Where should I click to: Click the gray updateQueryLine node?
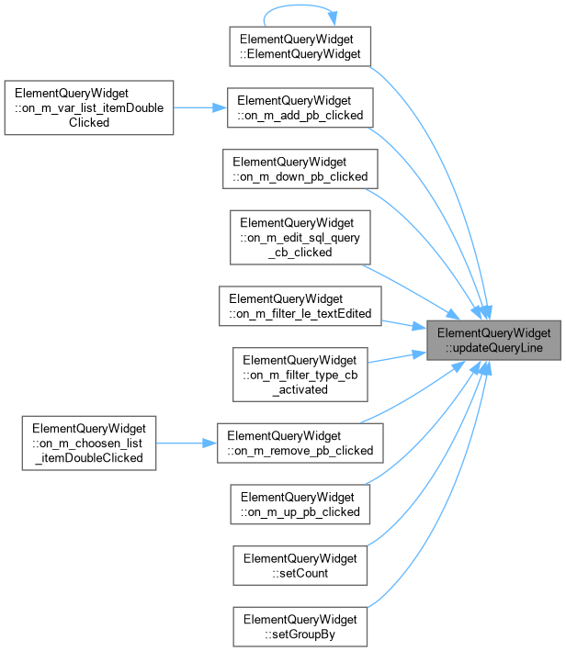click(493, 340)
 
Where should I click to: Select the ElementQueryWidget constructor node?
click(300, 47)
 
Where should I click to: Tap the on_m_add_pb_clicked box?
click(300, 107)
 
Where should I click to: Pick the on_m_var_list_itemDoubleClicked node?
click(89, 107)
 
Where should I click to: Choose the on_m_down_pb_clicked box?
click(300, 169)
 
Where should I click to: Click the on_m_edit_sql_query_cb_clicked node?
click(300, 238)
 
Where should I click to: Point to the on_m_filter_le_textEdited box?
click(300, 306)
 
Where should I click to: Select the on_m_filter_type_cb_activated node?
click(300, 375)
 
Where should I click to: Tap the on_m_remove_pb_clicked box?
click(300, 443)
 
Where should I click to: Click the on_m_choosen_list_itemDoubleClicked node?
click(89, 443)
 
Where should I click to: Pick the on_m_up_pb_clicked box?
click(300, 504)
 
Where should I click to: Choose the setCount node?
click(300, 566)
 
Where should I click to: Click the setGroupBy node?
click(300, 626)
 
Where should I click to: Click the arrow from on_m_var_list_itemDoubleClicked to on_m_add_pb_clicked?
click(200, 107)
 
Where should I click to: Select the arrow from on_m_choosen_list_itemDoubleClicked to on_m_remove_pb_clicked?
click(187, 443)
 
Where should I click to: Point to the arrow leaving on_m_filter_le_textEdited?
click(404, 324)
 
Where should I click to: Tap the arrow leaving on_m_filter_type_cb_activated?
click(397, 357)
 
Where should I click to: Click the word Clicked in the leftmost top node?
click(89, 122)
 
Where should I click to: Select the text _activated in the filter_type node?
click(300, 389)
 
